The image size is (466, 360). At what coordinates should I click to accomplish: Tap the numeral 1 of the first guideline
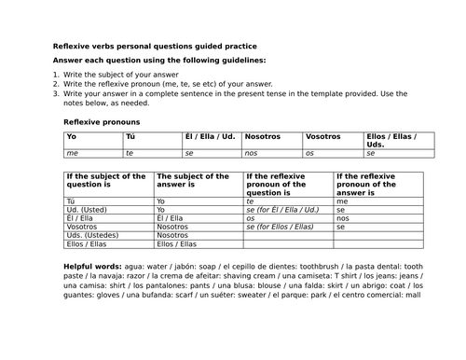click(55, 73)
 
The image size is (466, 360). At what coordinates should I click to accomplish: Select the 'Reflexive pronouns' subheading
click(101, 122)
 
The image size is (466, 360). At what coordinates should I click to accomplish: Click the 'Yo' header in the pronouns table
click(71, 136)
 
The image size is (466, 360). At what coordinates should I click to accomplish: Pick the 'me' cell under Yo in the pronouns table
click(71, 152)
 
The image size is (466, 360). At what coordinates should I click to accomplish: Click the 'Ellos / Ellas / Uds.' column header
click(391, 141)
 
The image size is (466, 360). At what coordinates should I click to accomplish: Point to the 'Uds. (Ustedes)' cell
click(92, 235)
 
